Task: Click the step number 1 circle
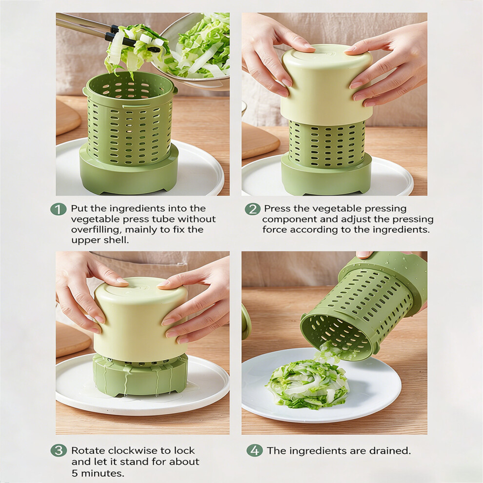click(x=58, y=209)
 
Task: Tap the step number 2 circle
click(x=253, y=209)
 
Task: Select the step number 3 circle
click(x=59, y=451)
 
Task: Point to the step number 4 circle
click(x=255, y=451)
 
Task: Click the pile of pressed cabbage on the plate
click(x=307, y=385)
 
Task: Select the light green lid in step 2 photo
click(x=326, y=85)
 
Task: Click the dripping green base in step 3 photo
click(x=141, y=376)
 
